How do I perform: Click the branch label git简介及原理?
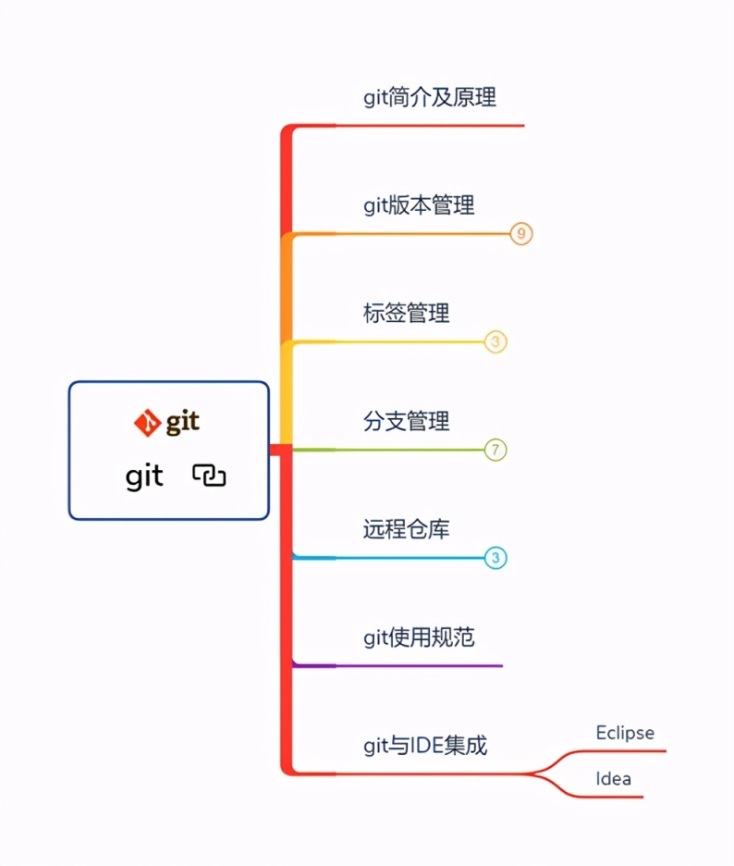coord(431,97)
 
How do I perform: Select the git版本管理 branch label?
coord(419,204)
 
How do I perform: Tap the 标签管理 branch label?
coord(406,313)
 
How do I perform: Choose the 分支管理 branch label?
coord(406,421)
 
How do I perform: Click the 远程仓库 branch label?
coord(406,529)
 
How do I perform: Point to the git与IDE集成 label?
coord(424,745)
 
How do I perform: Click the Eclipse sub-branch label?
coord(625,733)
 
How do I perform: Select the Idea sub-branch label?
coord(613,778)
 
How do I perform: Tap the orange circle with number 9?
coord(521,234)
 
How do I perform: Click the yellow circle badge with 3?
coord(496,342)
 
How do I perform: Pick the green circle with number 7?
coord(496,451)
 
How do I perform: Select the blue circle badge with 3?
coord(496,558)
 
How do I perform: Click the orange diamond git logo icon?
coord(146,423)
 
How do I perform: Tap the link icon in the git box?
coord(210,476)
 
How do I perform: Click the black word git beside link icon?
coord(144,476)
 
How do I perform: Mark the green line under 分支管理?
coord(398,451)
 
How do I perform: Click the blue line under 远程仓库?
coord(398,558)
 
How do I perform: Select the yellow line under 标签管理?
coord(398,342)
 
